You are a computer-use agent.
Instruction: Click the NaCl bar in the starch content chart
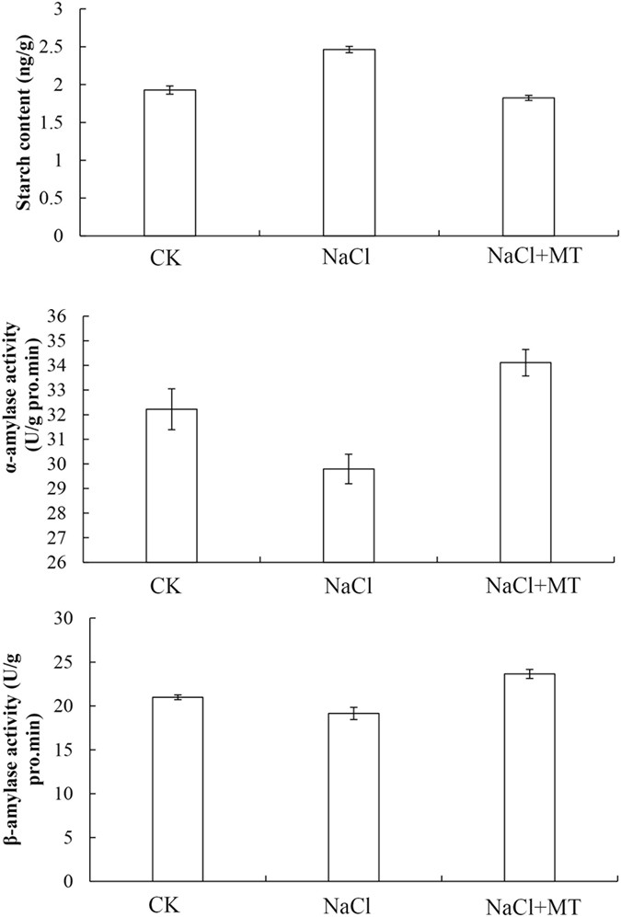[349, 143]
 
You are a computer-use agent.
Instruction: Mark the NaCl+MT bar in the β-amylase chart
[529, 777]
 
